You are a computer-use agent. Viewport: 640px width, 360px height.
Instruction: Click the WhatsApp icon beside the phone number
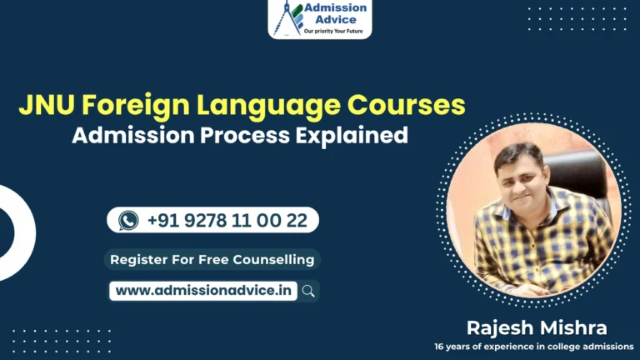(x=128, y=220)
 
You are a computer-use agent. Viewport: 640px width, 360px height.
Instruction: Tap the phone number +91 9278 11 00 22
(x=227, y=220)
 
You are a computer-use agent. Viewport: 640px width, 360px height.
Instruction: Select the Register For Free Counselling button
(x=212, y=259)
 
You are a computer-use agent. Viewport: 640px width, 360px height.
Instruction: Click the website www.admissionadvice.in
(x=203, y=291)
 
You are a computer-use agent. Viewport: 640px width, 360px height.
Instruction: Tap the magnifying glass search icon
(x=308, y=291)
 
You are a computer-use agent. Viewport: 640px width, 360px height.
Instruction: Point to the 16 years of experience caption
(x=533, y=346)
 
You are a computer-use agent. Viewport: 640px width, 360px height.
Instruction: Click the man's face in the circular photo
(x=517, y=172)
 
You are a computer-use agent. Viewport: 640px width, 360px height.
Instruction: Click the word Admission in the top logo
(x=335, y=7)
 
